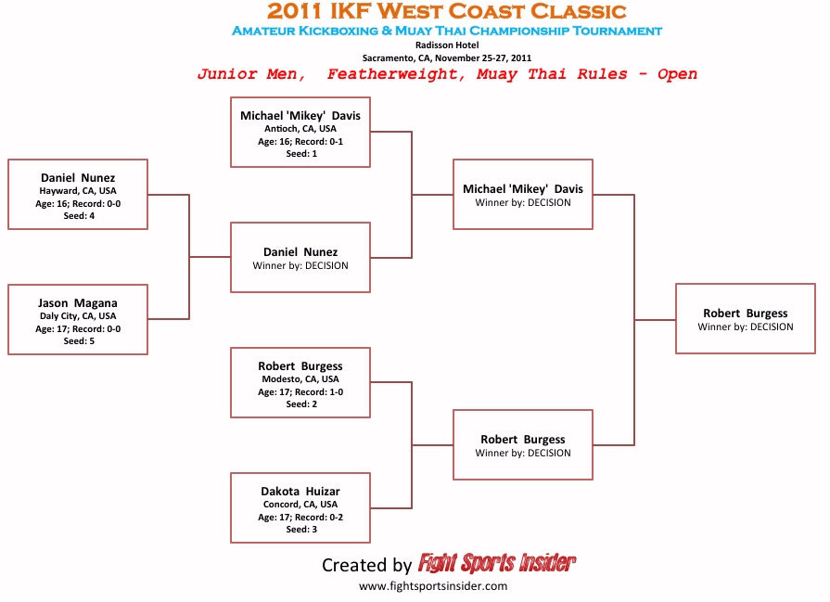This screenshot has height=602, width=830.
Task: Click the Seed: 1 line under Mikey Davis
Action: [x=301, y=154]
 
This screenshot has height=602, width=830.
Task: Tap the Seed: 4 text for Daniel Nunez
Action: [x=79, y=215]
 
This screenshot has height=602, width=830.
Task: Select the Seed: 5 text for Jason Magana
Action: [x=79, y=341]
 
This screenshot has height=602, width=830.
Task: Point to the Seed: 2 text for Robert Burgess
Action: [x=301, y=404]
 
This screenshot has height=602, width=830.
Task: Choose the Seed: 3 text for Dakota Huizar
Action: [x=301, y=529]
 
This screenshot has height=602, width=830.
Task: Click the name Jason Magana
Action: [x=78, y=302]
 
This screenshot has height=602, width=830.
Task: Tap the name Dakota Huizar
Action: [x=300, y=492]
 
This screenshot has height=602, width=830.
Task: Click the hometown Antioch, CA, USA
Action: [x=300, y=129]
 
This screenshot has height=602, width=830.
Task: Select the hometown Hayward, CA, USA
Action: [x=78, y=190]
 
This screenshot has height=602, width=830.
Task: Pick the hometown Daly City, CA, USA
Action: [x=78, y=316]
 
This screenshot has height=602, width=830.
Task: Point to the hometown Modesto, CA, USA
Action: [x=300, y=379]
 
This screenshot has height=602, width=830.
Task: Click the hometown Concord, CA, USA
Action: [x=300, y=504]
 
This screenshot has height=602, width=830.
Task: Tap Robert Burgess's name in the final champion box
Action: [x=746, y=313]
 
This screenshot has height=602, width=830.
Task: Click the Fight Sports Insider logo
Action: [x=496, y=563]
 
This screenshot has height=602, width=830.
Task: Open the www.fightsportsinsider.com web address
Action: [x=433, y=586]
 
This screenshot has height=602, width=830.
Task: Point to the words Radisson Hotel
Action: [x=447, y=45]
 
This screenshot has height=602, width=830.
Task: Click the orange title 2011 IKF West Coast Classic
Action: [x=446, y=11]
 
